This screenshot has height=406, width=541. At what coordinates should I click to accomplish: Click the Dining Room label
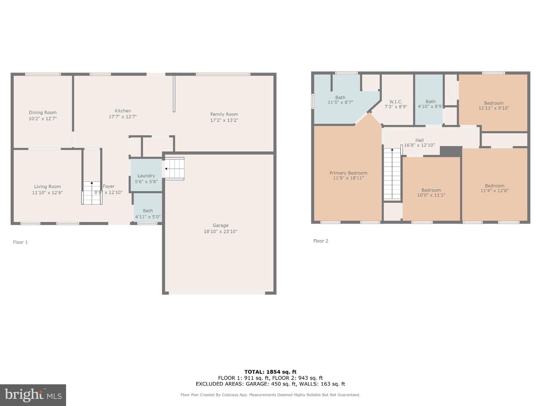pos(42,112)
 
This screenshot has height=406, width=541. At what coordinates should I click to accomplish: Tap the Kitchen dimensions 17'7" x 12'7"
pos(122,117)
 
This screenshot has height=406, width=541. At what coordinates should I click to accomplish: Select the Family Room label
pos(224,114)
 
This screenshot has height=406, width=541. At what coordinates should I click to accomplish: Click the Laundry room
pos(146,176)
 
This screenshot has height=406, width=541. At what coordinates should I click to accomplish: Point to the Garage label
pos(221,226)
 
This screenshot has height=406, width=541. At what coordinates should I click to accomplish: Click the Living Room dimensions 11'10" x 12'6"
pos(47,192)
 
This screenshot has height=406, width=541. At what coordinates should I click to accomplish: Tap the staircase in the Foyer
pos(92,193)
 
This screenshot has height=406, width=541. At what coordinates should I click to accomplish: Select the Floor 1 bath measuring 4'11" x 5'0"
pos(148,211)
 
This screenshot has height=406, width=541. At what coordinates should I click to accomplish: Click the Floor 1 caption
pos(20,242)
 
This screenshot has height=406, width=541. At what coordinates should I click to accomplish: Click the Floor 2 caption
pos(320,241)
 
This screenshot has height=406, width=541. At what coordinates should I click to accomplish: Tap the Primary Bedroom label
pos(348,173)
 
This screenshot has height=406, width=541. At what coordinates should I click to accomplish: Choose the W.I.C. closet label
pos(396,102)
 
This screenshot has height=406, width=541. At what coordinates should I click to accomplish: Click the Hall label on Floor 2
pos(419,140)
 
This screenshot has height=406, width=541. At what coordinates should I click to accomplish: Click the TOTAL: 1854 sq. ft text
pos(270,372)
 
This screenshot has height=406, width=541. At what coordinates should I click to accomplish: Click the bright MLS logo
pos(33,395)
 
